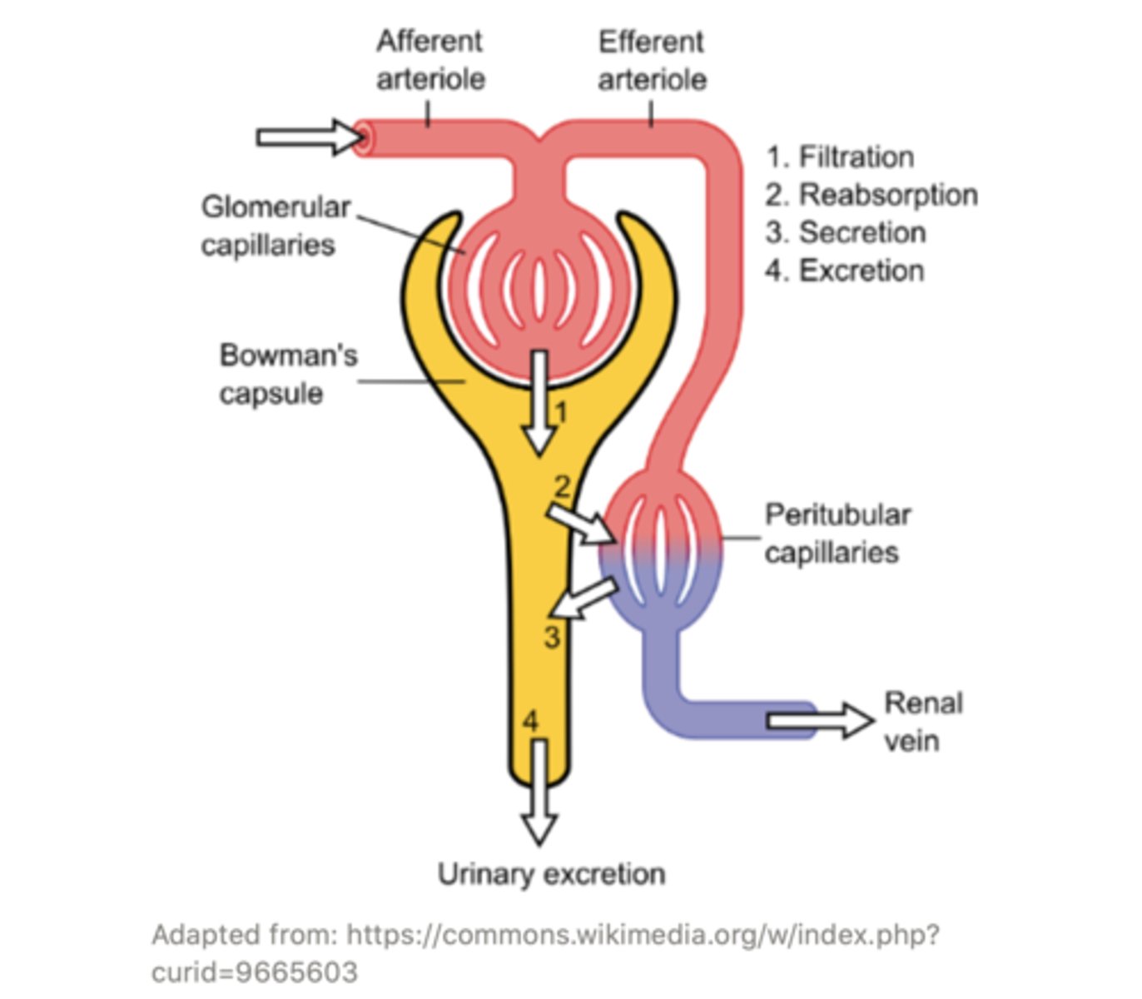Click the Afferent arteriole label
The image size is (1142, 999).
click(x=430, y=60)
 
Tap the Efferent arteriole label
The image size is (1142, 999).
click(x=652, y=60)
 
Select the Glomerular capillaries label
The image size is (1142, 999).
click(x=275, y=226)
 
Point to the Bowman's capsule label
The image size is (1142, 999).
click(x=288, y=374)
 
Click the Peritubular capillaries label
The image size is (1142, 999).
click(x=837, y=533)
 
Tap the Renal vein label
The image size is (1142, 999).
click(x=922, y=721)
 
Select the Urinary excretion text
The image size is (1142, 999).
click(x=551, y=874)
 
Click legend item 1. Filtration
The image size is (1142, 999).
click(x=840, y=157)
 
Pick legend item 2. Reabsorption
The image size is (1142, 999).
click(x=871, y=195)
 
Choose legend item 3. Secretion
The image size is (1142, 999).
click(x=845, y=232)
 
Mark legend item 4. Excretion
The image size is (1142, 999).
click(x=844, y=271)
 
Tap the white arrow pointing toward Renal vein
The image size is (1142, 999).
click(x=819, y=720)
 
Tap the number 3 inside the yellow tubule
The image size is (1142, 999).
click(x=552, y=638)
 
